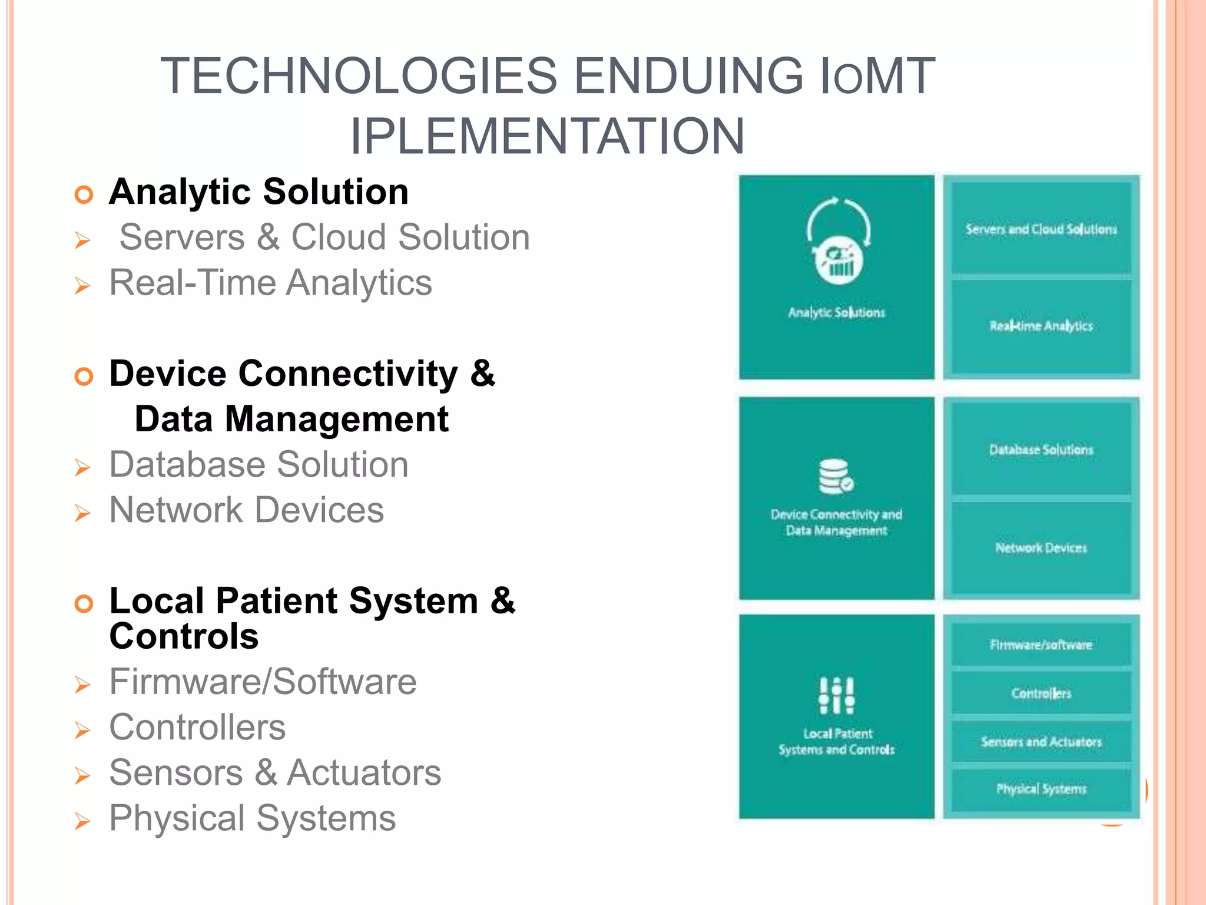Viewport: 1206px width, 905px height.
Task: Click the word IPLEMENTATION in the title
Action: (547, 137)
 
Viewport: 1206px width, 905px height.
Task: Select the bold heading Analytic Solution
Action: (259, 192)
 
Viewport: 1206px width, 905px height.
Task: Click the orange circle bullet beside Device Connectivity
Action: (84, 376)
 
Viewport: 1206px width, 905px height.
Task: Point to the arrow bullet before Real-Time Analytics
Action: (82, 286)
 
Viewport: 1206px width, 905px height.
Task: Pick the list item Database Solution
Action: (259, 465)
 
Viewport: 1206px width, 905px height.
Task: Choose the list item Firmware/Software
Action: (263, 682)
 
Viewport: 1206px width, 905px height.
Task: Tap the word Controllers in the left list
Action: (197, 728)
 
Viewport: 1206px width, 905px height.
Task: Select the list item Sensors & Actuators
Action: (275, 773)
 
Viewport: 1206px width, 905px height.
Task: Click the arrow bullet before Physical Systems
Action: (82, 821)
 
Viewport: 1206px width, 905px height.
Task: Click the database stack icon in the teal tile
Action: (836, 476)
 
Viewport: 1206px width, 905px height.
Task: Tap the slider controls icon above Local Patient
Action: (836, 695)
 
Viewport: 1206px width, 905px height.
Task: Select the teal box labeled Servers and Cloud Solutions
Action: (1041, 229)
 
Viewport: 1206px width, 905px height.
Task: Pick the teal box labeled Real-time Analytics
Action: (1041, 326)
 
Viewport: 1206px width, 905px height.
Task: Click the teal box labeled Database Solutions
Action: (1041, 450)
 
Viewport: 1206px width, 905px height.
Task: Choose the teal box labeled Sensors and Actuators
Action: (1041, 742)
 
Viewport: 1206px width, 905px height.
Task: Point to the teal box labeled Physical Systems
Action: (1041, 789)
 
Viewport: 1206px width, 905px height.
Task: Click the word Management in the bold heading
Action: (336, 420)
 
